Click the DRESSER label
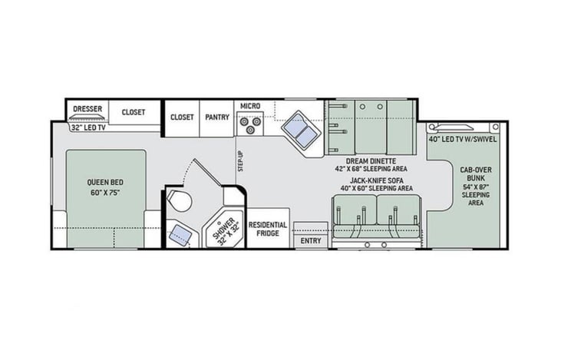click(x=87, y=109)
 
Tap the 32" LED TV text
click(x=88, y=127)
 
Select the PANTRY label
click(x=217, y=117)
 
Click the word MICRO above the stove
click(x=250, y=106)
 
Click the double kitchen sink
click(x=300, y=130)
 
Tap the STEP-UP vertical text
click(x=240, y=161)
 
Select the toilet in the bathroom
click(x=180, y=201)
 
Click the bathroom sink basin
click(x=180, y=235)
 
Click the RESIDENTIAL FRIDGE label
click(x=268, y=229)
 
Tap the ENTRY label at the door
click(x=311, y=241)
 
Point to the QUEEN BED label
click(x=105, y=187)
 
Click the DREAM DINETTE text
click(x=371, y=161)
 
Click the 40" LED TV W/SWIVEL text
click(x=463, y=140)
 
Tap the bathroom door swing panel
click(x=208, y=173)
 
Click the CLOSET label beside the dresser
click(x=134, y=112)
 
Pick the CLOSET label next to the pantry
click(x=182, y=117)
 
